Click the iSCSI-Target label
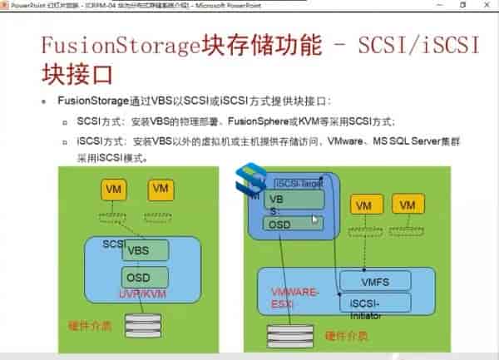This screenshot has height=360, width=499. [299, 182]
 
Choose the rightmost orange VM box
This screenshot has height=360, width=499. [407, 205]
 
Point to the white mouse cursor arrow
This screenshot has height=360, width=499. [315, 219]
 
